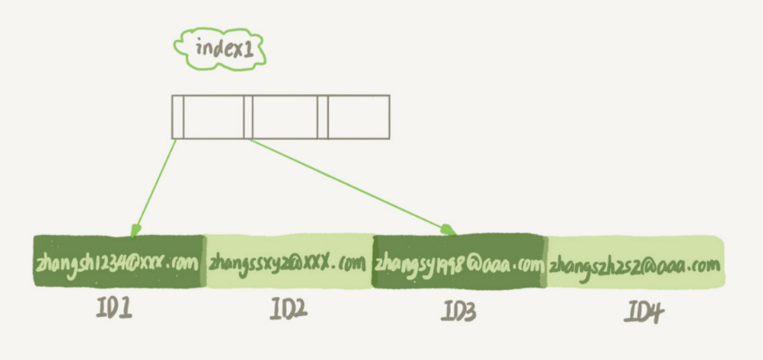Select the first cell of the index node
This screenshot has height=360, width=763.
[213, 117]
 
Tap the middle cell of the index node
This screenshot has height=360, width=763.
[285, 117]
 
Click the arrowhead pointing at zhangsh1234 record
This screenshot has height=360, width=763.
[135, 231]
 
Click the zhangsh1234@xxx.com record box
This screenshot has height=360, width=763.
[117, 261]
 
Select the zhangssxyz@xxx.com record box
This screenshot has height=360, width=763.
[287, 261]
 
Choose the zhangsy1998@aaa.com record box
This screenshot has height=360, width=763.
[459, 261]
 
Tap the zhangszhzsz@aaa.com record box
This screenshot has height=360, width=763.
[635, 262]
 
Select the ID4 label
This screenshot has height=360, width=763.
[642, 313]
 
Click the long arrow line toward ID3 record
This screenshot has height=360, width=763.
[345, 182]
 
